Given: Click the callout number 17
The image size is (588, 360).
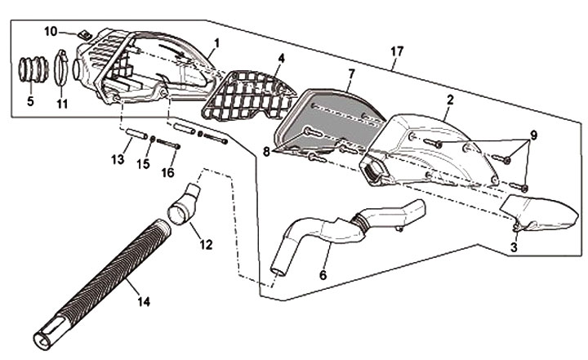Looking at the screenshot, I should coord(397,51).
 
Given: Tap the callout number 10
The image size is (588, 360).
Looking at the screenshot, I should coord(50,32).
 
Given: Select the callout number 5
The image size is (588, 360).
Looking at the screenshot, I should coord(31,104).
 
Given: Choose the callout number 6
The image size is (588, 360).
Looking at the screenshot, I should coord(323,276).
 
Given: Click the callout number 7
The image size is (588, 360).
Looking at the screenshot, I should coord(350,73).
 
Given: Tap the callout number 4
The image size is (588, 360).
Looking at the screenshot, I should coord(280,59).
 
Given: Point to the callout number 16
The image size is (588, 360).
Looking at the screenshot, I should coord(168,172).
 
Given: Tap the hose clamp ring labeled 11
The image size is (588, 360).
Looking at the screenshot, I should coord(63,69).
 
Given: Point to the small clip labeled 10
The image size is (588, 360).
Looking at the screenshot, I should coord(83,35).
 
